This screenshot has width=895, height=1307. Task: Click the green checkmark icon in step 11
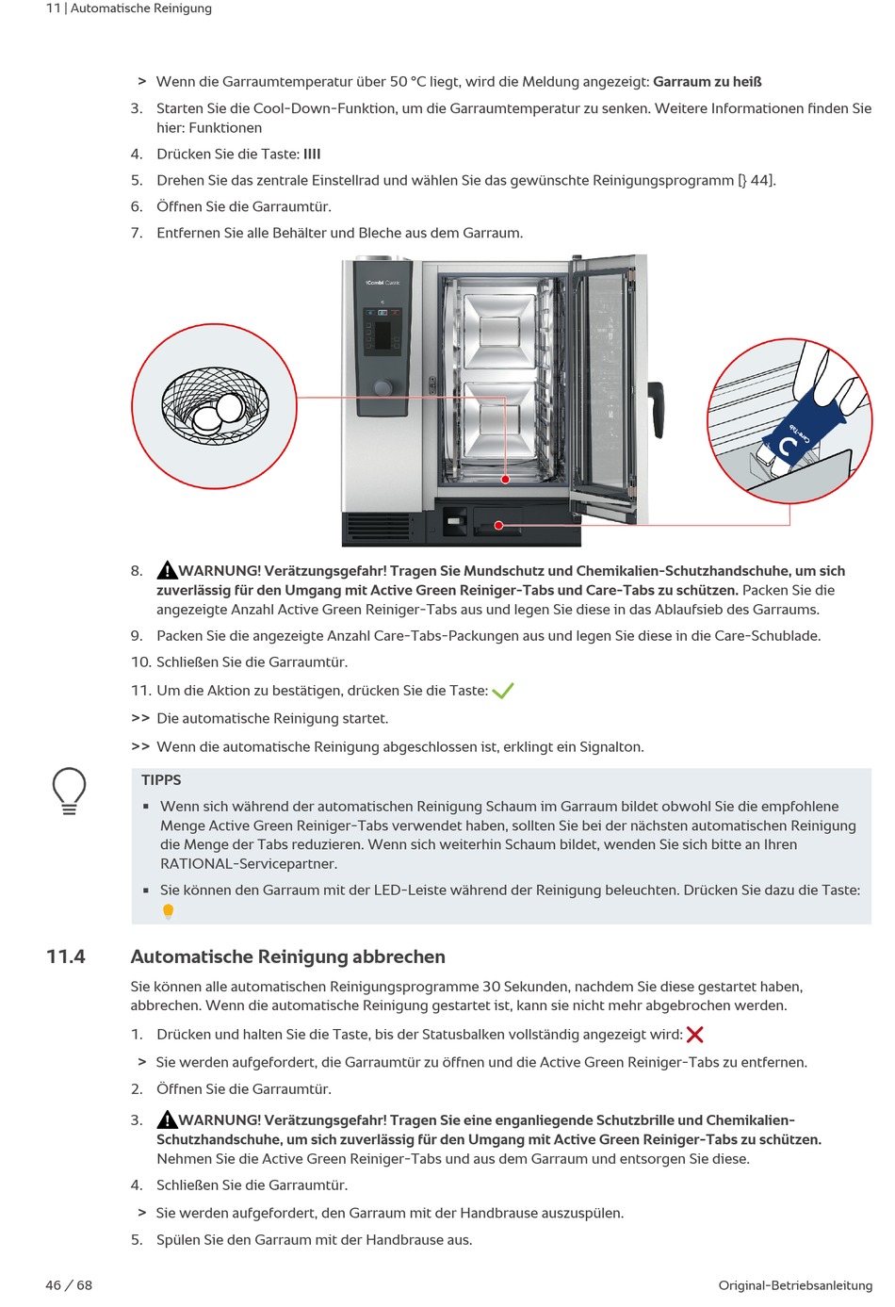[x=502, y=692]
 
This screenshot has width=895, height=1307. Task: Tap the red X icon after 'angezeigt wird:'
[x=695, y=1035]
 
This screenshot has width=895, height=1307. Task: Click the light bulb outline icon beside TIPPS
[x=69, y=791]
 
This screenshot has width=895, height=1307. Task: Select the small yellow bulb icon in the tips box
[x=168, y=911]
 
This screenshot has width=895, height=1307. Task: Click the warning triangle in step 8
[x=167, y=570]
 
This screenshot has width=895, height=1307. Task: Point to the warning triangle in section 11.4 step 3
[x=167, y=1119]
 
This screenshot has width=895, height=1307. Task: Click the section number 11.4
[x=66, y=956]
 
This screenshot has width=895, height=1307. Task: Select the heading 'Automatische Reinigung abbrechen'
[x=287, y=956]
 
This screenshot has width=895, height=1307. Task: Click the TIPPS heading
[x=161, y=780]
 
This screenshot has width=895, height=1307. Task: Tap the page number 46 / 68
[x=69, y=1285]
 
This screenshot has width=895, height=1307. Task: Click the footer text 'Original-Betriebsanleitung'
[x=794, y=1285]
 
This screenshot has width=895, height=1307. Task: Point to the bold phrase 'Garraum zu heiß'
[x=707, y=82]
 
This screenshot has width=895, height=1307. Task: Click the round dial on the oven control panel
[x=382, y=387]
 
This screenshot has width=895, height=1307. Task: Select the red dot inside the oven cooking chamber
[x=505, y=480]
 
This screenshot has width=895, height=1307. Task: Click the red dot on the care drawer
[x=498, y=525]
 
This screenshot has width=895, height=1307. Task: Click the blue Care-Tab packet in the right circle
[x=801, y=429]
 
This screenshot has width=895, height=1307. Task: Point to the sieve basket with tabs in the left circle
[x=215, y=405]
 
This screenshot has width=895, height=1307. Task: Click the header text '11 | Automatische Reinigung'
[x=129, y=8]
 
